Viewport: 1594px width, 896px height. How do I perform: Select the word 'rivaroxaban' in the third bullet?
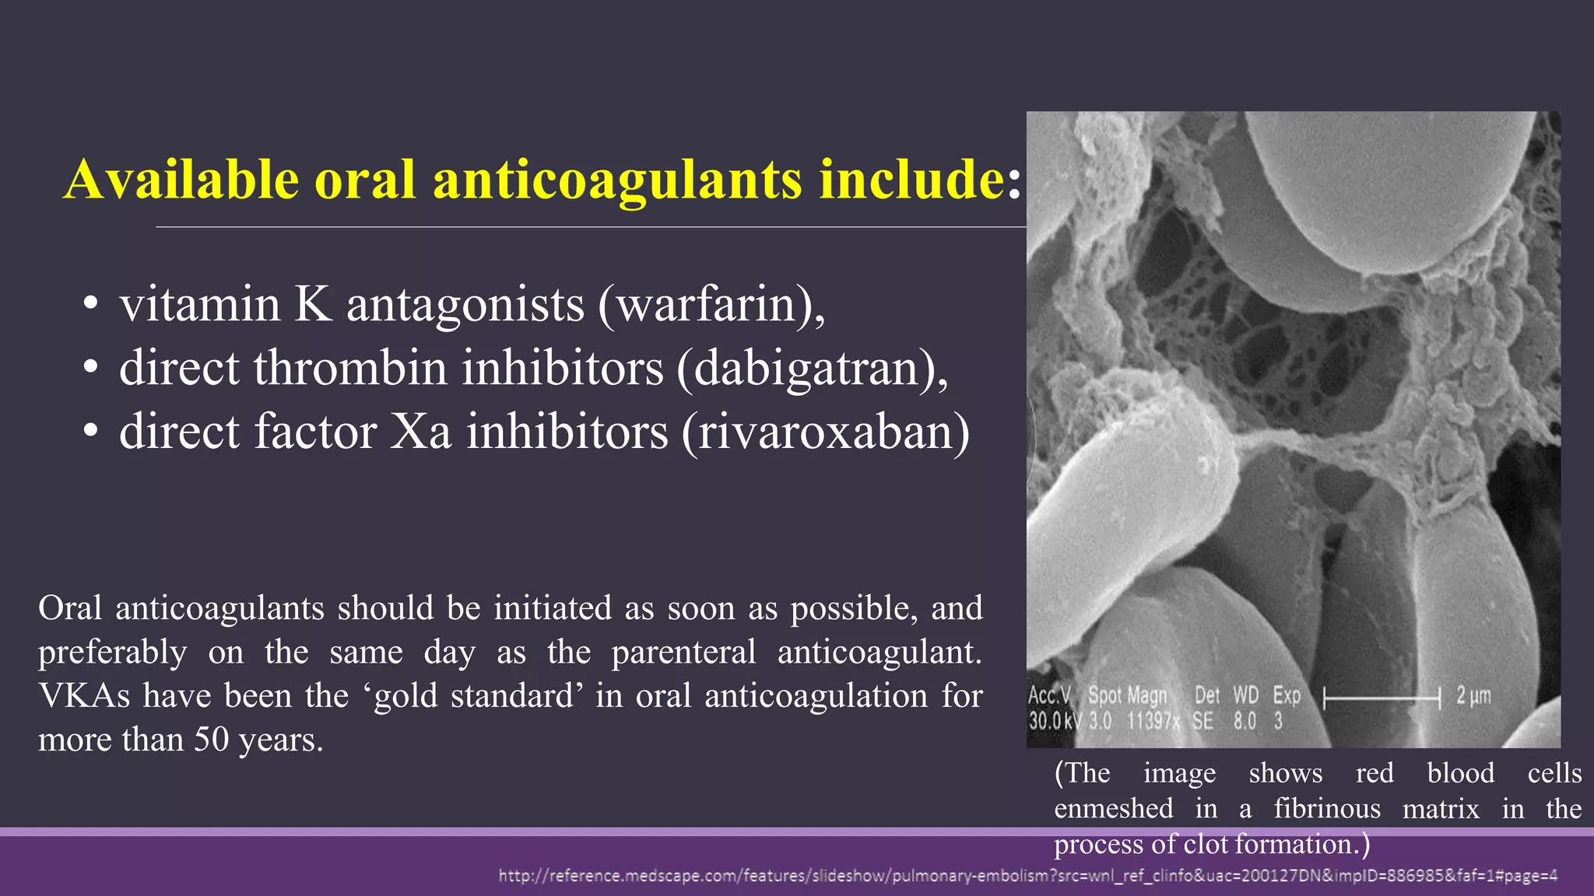click(826, 432)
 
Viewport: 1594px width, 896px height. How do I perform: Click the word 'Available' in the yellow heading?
click(181, 179)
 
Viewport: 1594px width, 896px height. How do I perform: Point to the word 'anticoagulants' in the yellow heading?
click(617, 179)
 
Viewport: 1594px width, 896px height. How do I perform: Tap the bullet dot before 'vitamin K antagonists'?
click(91, 305)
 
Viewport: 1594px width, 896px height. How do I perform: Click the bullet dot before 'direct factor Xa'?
click(91, 432)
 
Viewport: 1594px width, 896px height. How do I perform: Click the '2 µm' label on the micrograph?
click(1473, 696)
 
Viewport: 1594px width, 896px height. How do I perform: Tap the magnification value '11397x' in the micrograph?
click(1153, 722)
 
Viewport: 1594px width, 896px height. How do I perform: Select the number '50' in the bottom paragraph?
click(212, 740)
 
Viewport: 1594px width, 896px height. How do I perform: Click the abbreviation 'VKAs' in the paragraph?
click(84, 696)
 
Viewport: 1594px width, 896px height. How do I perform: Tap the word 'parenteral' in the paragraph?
click(683, 652)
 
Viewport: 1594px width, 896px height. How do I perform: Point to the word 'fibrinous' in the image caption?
click(1327, 809)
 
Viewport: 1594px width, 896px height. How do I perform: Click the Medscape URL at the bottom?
click(1027, 877)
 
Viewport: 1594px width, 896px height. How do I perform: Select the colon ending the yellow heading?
click(1013, 180)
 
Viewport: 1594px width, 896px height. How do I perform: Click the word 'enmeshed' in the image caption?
click(1113, 809)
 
